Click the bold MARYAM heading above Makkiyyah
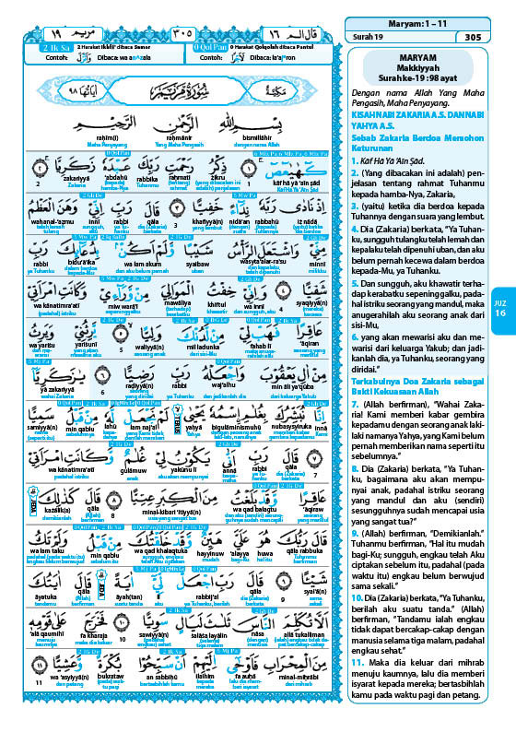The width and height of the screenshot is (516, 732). (x=417, y=53)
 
